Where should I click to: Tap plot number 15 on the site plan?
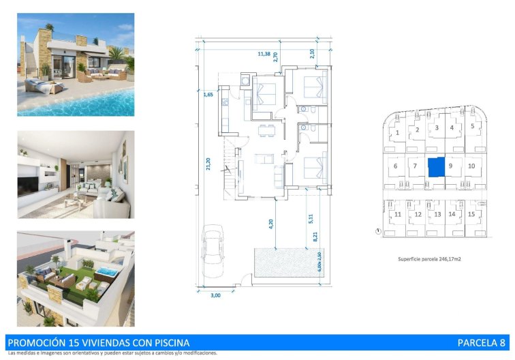tap(471, 213)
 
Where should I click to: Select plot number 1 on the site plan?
tap(396, 133)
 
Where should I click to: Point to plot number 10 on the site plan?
tap(471, 166)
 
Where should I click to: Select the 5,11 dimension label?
tap(311, 218)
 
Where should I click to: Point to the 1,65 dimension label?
tap(208, 94)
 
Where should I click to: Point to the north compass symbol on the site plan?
tap(378, 232)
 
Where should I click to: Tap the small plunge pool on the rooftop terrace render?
tap(108, 272)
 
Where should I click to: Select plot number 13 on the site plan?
tap(437, 214)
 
